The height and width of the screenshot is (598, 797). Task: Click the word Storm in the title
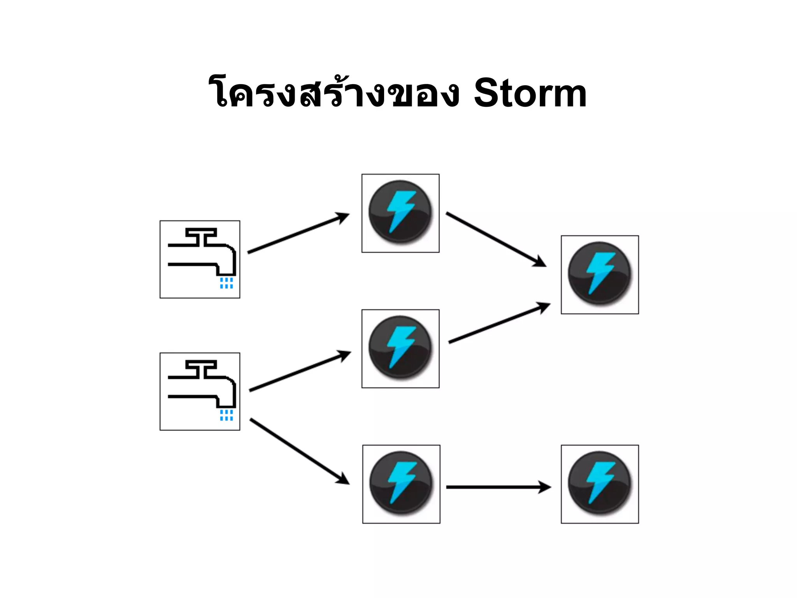click(x=530, y=93)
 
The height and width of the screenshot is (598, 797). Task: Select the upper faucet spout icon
click(x=200, y=259)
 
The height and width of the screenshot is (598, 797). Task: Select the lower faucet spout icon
click(x=200, y=391)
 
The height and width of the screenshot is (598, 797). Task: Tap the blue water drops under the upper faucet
click(x=226, y=283)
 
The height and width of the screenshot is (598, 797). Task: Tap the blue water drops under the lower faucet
click(x=226, y=415)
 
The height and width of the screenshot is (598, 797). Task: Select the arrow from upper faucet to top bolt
click(x=298, y=233)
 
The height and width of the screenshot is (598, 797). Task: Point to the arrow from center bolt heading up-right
click(x=499, y=323)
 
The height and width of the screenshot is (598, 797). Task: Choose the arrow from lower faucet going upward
click(x=300, y=371)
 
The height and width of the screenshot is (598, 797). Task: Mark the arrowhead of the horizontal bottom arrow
click(x=545, y=487)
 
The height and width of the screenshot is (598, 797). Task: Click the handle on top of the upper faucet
click(x=201, y=232)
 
